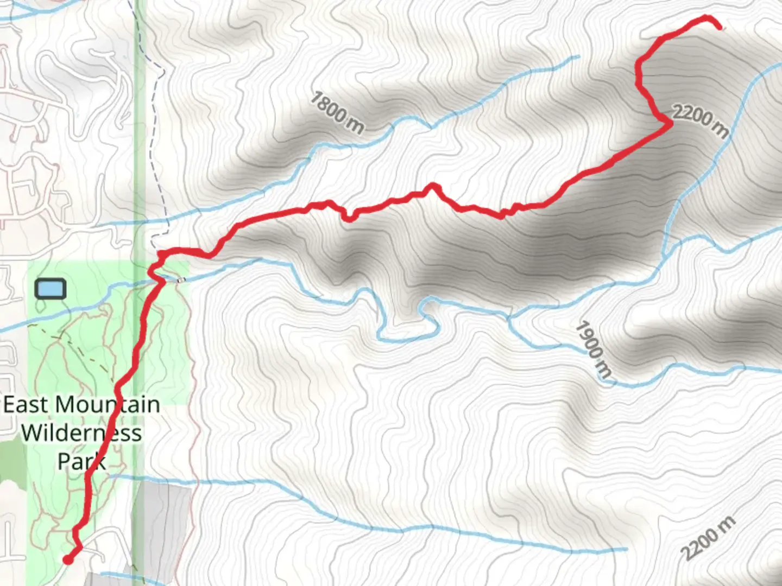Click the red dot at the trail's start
point(68,559)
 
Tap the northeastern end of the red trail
point(720,27)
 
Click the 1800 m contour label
point(337,113)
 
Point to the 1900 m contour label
point(594,349)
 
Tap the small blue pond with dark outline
point(51,289)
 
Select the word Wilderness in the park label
point(81,433)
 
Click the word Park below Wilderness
point(81,462)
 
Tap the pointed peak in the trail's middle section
point(433,186)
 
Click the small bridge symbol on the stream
point(180,280)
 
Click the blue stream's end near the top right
point(578,56)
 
